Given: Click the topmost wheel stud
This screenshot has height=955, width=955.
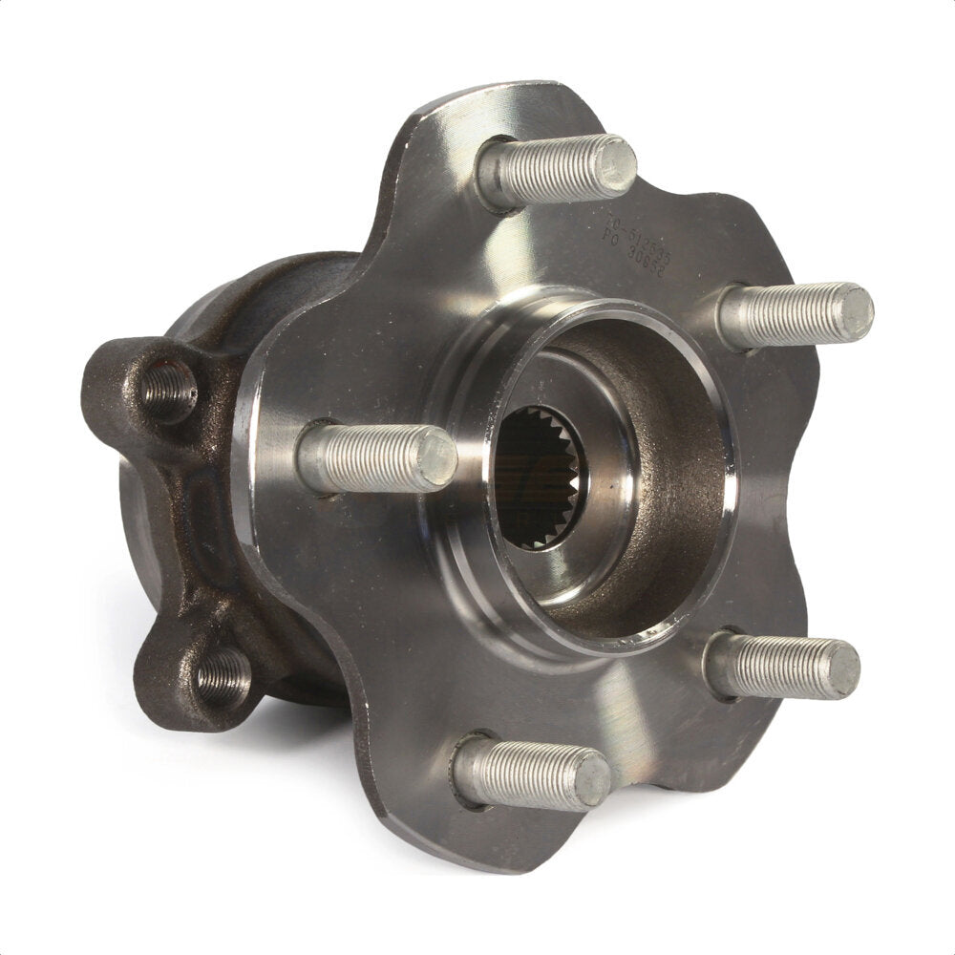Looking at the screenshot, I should coord(554,172).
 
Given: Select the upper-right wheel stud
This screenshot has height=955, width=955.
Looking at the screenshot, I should coord(793,315).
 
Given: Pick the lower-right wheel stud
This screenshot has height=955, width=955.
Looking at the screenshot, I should coord(779,665).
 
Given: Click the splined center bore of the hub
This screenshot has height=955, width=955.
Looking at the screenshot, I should coord(537,477).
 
